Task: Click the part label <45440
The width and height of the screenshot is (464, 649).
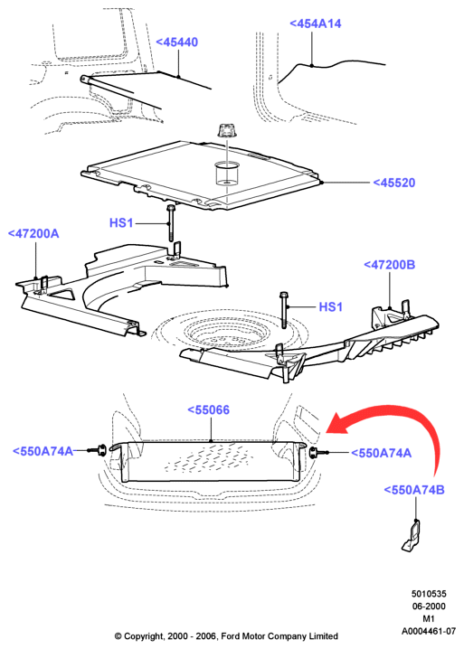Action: pyautogui.click(x=177, y=42)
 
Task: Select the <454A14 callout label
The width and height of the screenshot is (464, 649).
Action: pyautogui.click(x=316, y=24)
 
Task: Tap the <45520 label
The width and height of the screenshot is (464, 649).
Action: pyautogui.click(x=394, y=183)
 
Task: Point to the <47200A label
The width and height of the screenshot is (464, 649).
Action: pyautogui.click(x=33, y=233)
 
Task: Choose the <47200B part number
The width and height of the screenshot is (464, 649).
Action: pyautogui.click(x=390, y=265)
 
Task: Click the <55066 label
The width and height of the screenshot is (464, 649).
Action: pyautogui.click(x=208, y=409)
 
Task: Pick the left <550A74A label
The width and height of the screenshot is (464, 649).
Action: pyautogui.click(x=43, y=451)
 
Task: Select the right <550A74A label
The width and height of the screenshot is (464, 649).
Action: pyautogui.click(x=381, y=453)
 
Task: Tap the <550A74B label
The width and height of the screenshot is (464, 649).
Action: pyautogui.click(x=414, y=490)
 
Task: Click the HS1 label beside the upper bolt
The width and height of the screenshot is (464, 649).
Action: pyautogui.click(x=121, y=222)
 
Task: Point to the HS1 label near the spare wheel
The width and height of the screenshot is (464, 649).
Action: pyautogui.click(x=331, y=306)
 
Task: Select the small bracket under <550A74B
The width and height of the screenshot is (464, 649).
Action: pyautogui.click(x=411, y=536)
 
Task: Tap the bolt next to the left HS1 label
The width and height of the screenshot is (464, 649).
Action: pyautogui.click(x=171, y=222)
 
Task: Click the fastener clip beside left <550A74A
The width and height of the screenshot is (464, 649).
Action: pyautogui.click(x=99, y=450)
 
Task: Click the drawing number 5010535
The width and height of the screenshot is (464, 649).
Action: pyautogui.click(x=429, y=594)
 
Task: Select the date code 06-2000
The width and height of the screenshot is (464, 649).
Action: pyautogui.click(x=429, y=607)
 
